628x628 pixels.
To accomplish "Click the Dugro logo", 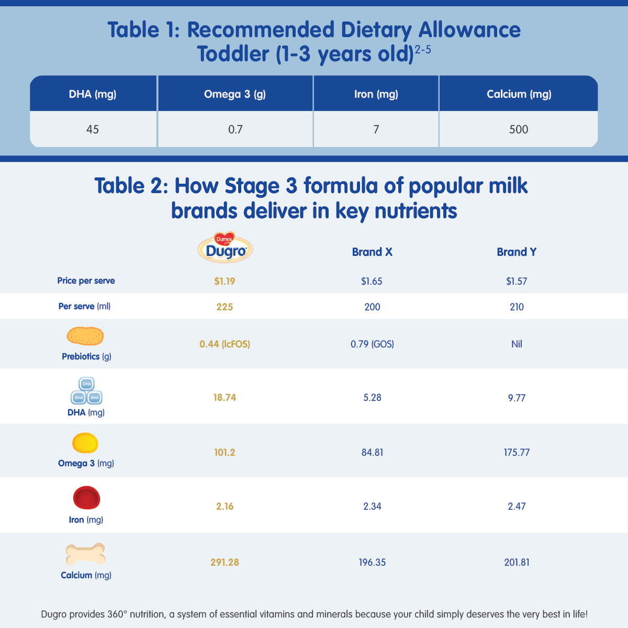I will click(226, 248).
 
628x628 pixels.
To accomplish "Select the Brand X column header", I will click(372, 252).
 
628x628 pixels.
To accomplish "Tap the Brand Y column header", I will click(517, 252).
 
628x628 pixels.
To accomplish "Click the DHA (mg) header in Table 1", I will click(93, 94).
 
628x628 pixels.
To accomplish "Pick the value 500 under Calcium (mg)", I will click(519, 129).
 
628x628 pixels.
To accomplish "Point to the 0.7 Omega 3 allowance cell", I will click(235, 129).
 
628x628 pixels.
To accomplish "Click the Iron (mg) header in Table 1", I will click(376, 94).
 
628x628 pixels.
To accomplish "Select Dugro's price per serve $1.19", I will click(225, 281).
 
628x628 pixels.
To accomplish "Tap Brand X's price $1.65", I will click(372, 281).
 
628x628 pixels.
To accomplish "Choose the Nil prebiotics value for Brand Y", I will click(517, 344).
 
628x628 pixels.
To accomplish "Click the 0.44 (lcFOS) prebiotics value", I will click(225, 344).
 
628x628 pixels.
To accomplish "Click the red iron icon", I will click(86, 498).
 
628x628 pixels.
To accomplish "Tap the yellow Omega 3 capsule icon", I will click(85, 443).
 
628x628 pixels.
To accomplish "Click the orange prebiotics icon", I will click(85, 336).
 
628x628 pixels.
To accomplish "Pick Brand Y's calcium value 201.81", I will click(517, 563).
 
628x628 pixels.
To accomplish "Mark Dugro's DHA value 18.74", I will click(225, 398).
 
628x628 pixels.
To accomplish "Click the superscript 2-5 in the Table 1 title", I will click(423, 51).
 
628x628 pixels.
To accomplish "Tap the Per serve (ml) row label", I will click(84, 306).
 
